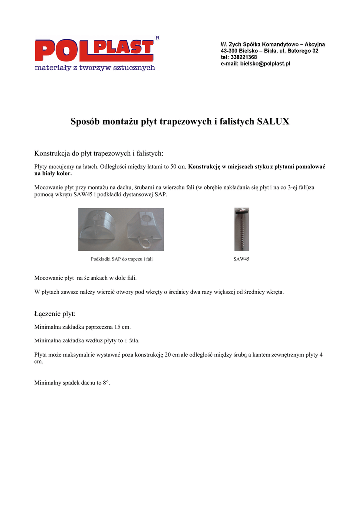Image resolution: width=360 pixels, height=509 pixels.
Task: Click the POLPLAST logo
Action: (x=93, y=50)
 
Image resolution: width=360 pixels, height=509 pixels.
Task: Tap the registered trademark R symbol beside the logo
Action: (x=158, y=38)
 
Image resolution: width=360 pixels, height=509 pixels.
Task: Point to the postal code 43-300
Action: (x=229, y=51)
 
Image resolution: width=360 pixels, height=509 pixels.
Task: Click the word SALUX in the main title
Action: (x=272, y=121)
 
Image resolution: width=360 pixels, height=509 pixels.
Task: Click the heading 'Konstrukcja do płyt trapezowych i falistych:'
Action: (x=98, y=153)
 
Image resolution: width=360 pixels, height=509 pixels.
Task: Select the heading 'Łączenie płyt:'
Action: (x=55, y=314)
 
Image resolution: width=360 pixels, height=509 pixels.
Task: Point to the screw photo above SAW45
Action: (x=242, y=229)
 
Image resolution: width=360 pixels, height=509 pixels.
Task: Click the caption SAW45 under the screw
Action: (x=241, y=259)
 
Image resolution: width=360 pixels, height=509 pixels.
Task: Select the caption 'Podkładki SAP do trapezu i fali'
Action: (x=121, y=259)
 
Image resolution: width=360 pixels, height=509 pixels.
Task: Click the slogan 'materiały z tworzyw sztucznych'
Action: (x=94, y=68)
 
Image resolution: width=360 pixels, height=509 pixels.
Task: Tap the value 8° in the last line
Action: (x=106, y=383)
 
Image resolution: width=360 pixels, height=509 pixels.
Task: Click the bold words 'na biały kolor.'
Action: (x=53, y=174)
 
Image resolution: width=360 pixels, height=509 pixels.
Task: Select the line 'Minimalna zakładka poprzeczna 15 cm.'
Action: (x=83, y=327)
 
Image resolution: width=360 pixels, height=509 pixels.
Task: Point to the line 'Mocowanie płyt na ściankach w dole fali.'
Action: (x=86, y=278)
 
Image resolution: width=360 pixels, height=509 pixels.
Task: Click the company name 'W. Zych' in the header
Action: (x=231, y=44)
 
